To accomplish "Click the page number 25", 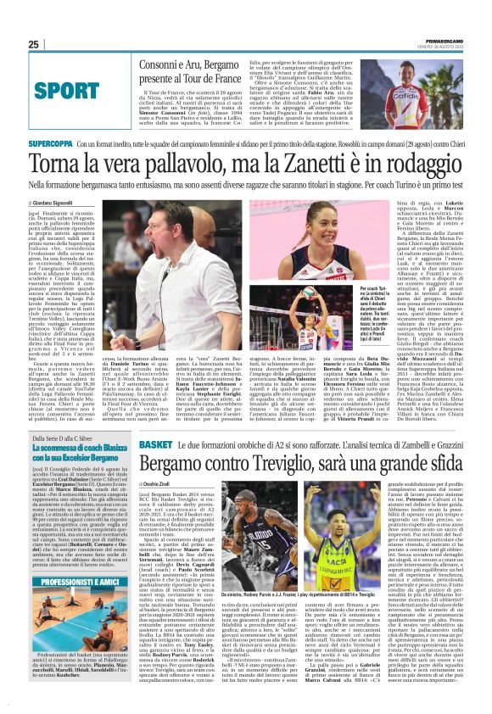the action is pyautogui.click(x=33, y=44).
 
